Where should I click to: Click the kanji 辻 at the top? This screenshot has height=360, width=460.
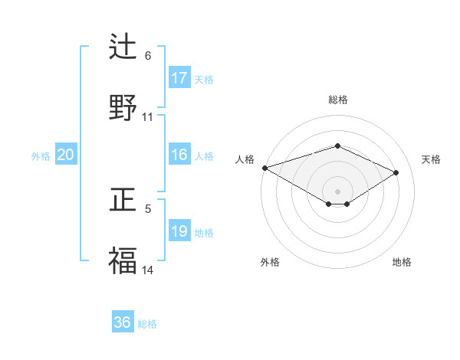point(123,47)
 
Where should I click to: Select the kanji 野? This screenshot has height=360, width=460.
point(123,107)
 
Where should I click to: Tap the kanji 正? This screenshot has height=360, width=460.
point(123,200)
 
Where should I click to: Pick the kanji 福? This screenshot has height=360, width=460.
point(123,260)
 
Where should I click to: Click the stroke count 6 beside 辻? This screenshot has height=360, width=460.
point(148,56)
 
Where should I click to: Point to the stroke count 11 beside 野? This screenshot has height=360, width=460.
point(148,117)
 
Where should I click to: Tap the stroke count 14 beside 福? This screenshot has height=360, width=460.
point(148,270)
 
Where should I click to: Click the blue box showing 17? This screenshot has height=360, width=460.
point(179,78)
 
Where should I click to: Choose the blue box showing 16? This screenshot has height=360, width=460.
point(179,155)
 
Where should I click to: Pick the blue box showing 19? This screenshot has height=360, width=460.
point(179,231)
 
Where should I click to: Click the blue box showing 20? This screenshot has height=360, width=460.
point(66,155)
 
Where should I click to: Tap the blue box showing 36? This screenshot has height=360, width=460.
point(123,322)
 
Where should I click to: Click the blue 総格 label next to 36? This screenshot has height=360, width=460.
point(147,324)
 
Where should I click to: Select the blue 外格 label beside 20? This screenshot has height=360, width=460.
point(41,156)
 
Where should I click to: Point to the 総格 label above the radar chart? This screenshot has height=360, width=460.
point(338,100)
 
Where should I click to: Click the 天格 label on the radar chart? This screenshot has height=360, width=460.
point(431,159)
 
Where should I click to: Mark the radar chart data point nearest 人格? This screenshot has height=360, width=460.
point(264,167)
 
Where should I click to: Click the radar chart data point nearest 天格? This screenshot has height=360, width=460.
point(396,172)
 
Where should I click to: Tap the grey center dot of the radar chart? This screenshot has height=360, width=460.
point(338,191)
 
